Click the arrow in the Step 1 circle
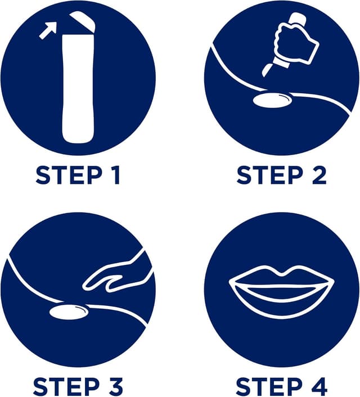point(48,30)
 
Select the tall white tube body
point(78,88)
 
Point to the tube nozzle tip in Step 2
point(268,70)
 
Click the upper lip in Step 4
point(282,277)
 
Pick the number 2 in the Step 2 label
point(318,175)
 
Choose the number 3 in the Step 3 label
point(115,387)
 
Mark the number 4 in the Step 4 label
point(318,387)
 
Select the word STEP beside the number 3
point(66,387)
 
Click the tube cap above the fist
point(298,19)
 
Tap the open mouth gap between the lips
point(282,291)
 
